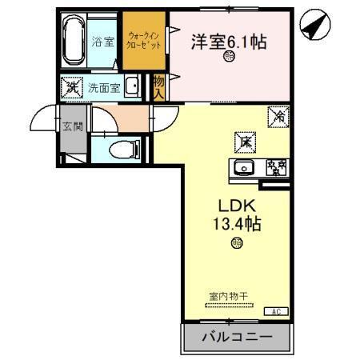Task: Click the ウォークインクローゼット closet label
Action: (145, 40)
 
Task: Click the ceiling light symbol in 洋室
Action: (229, 57)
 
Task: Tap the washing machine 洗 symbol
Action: (70, 86)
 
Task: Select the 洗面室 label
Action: (104, 87)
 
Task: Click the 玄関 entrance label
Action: (70, 126)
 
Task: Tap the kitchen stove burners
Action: (276, 167)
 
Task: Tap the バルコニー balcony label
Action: (235, 337)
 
